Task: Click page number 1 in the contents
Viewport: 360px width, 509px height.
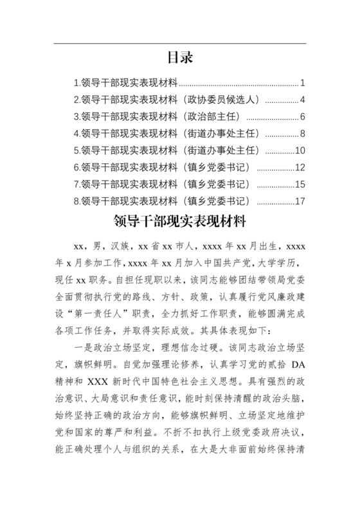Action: (x=302, y=83)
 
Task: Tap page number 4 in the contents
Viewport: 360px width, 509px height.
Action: (x=302, y=100)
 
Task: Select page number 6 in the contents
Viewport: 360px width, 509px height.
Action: (x=302, y=117)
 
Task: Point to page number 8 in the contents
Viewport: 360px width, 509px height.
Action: (x=302, y=134)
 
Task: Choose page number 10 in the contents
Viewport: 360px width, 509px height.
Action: (x=300, y=150)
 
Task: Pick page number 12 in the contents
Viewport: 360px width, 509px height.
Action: (x=300, y=168)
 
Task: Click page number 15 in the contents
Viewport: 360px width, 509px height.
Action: (x=300, y=184)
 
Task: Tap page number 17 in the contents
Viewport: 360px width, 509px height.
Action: (x=300, y=201)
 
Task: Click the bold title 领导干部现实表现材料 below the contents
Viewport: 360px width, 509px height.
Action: (x=180, y=222)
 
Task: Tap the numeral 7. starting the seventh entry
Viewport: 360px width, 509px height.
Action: (x=78, y=184)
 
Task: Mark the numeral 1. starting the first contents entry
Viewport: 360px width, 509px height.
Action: (x=78, y=83)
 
